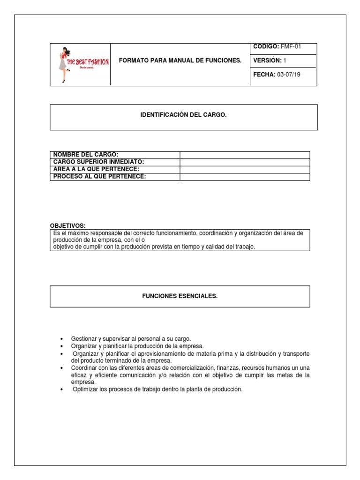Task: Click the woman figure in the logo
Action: tap(62, 65)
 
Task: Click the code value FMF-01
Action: tap(291, 46)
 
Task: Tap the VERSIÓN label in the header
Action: tap(267, 60)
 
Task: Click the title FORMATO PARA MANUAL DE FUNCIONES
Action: tap(180, 61)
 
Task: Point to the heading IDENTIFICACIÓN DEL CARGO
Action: tap(183, 114)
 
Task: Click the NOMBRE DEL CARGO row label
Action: tap(86, 155)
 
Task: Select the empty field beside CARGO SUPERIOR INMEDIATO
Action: tap(245, 162)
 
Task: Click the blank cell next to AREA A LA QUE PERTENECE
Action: tap(245, 169)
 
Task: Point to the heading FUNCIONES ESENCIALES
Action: tap(180, 296)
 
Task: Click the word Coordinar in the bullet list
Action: tap(83, 368)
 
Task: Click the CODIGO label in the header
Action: tap(266, 46)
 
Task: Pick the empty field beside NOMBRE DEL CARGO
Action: tap(245, 155)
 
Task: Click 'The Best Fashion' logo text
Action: tap(88, 62)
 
